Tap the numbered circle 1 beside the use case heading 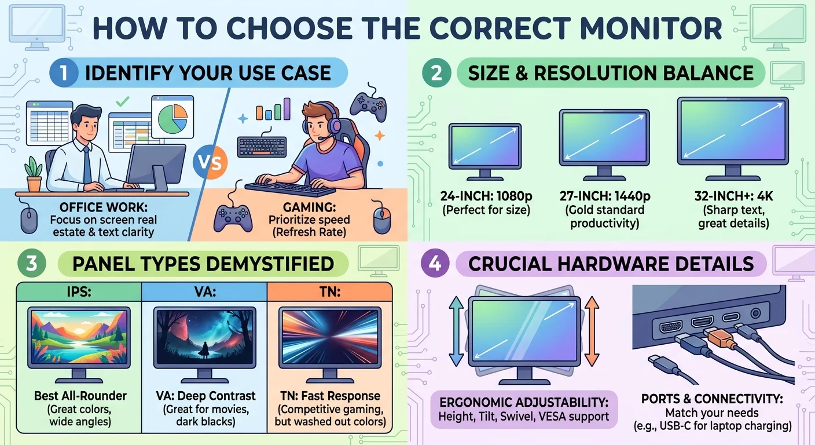tap(64, 72)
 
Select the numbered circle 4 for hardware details tap(435, 263)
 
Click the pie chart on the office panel tap(173, 118)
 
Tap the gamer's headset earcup tap(334, 126)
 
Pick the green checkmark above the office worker tap(122, 101)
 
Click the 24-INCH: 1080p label tap(486, 196)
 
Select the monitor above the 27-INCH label tap(604, 144)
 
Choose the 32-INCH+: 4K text tap(733, 196)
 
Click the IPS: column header tap(79, 291)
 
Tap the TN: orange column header tap(330, 291)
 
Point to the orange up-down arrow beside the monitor tap(592, 331)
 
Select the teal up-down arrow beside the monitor tap(456, 331)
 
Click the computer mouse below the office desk tap(29, 220)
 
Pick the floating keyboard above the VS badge tap(262, 147)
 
